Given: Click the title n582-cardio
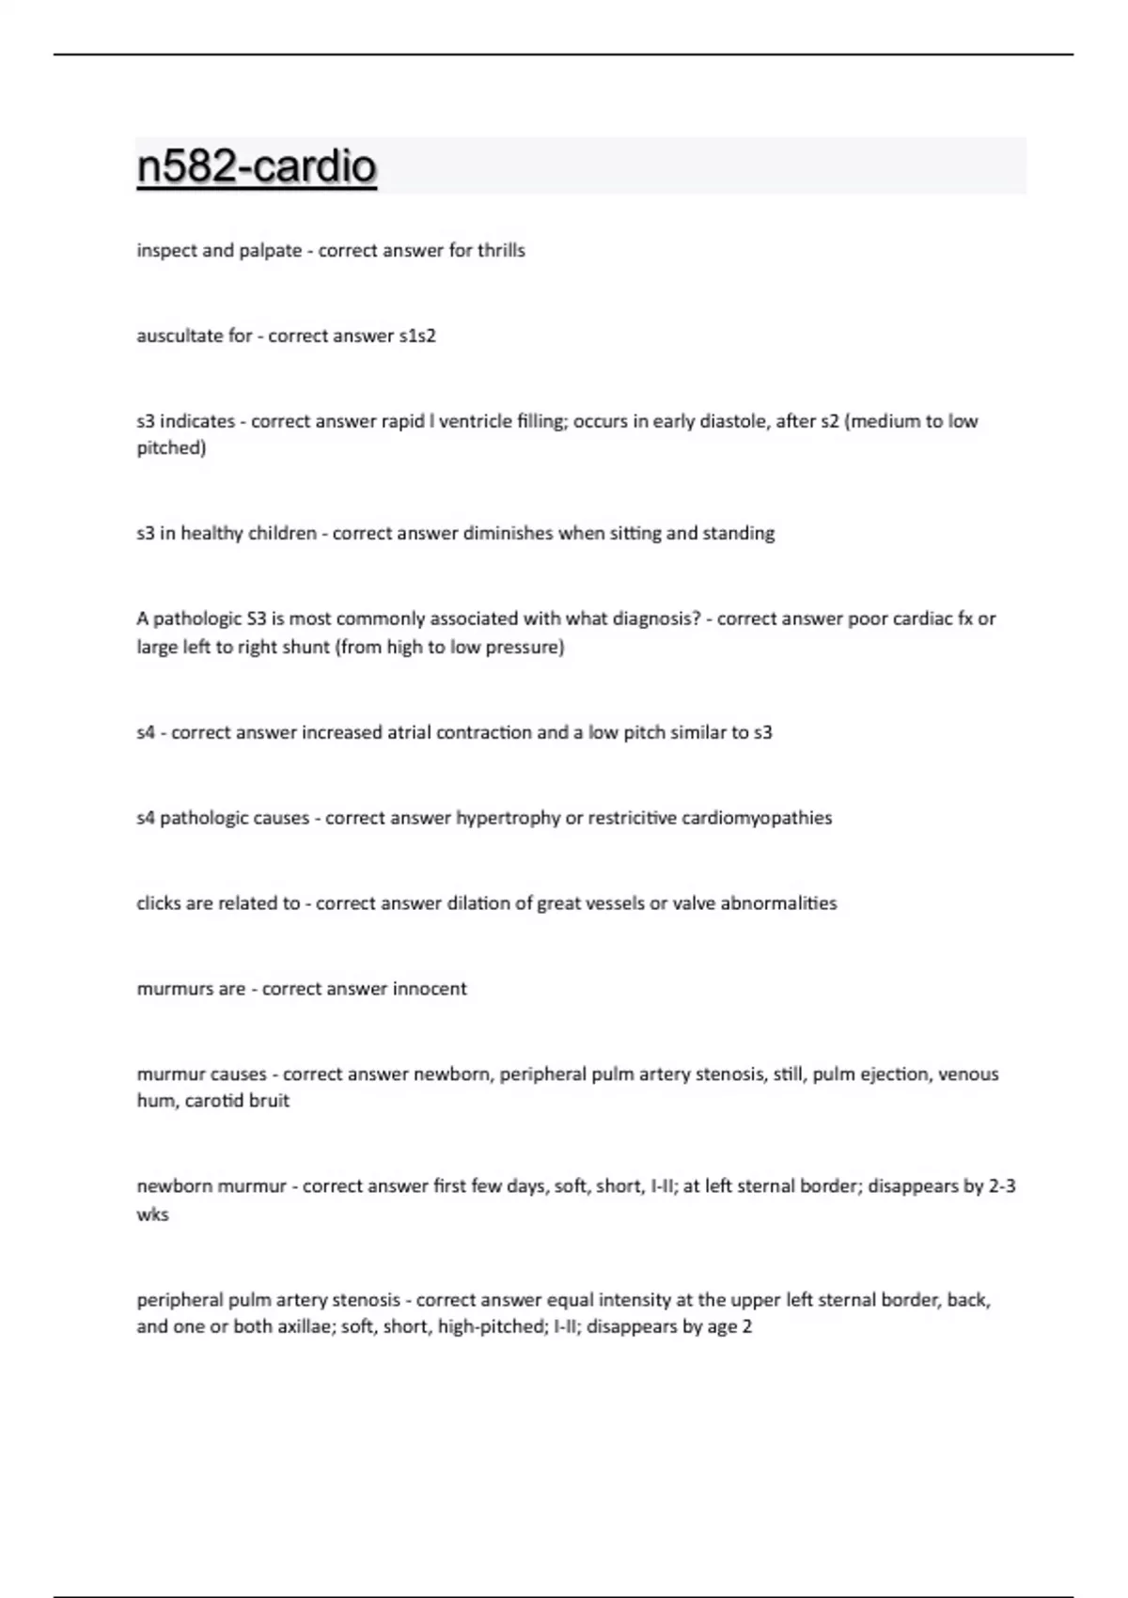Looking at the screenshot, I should [x=257, y=166].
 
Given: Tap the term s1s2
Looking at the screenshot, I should [x=417, y=336].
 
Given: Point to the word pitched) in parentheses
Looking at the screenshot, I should [x=171, y=447].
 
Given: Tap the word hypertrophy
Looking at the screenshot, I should [x=508, y=818].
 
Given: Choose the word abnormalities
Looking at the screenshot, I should [x=778, y=903].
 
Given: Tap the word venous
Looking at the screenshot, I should [x=969, y=1073].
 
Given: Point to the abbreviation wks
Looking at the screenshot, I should [x=152, y=1214].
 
